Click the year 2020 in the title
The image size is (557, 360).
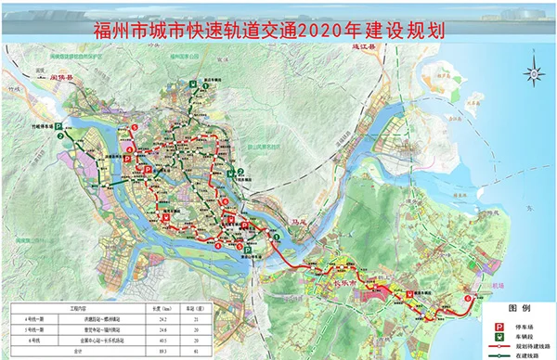tap(320, 30)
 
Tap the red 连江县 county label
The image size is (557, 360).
tap(354, 45)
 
